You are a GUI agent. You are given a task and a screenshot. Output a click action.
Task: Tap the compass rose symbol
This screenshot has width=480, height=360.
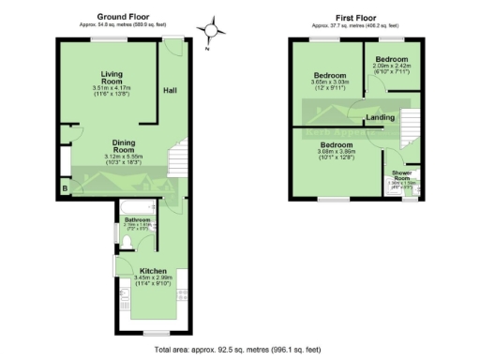pos(216,29)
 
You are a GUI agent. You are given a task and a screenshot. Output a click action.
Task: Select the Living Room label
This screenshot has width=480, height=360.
pos(115,76)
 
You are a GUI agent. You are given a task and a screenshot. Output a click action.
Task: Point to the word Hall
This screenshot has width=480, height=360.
pos(171,91)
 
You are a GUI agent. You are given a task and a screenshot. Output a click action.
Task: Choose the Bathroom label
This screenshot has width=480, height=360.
pos(137,220)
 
